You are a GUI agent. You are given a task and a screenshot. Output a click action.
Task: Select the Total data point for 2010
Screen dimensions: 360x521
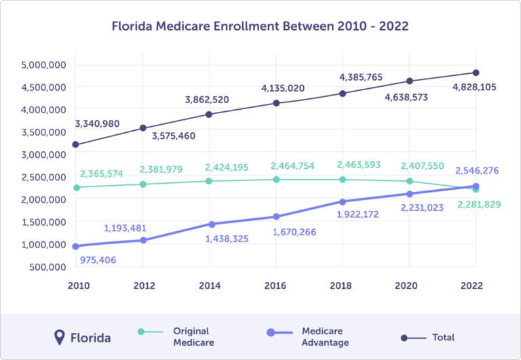coord(75,144)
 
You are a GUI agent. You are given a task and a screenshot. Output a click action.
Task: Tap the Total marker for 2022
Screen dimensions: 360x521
coord(476,73)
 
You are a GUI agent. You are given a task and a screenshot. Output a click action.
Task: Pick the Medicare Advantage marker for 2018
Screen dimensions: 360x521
coord(343,201)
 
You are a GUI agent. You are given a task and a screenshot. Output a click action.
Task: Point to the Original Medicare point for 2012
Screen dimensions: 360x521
coord(142,184)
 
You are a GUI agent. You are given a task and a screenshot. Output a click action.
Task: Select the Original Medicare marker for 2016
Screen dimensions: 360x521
coord(276,180)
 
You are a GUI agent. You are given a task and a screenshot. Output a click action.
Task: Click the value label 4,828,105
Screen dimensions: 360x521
coord(471,87)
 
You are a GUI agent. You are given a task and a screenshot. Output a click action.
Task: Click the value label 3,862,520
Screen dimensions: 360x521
coord(207,100)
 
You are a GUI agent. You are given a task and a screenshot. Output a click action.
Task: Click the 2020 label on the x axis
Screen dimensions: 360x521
coord(408,286)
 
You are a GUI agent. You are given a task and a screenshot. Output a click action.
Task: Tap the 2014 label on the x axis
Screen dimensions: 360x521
coord(210,286)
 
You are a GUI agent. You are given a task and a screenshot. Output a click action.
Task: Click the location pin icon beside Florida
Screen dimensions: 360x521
coord(60,336)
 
